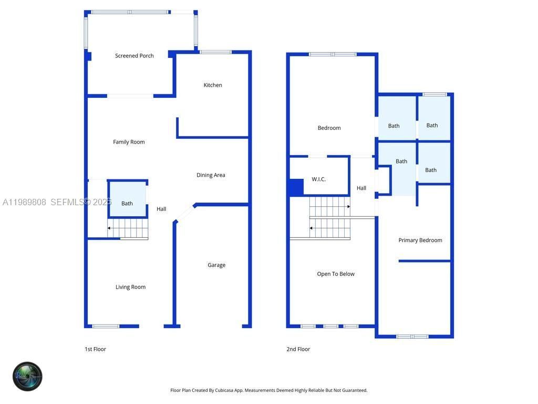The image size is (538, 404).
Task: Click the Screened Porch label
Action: click(x=134, y=56)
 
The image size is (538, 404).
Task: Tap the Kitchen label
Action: click(x=213, y=85)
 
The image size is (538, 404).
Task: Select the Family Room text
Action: click(x=129, y=142)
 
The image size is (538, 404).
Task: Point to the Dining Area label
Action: click(x=211, y=175)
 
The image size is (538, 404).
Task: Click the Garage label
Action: click(x=216, y=265)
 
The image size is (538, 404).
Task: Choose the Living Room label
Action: click(x=130, y=287)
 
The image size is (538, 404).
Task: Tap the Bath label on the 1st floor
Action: click(x=127, y=204)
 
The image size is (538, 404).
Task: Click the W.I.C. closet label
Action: click(x=318, y=179)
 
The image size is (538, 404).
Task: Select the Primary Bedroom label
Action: click(x=420, y=240)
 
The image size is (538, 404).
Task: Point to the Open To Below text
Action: click(x=336, y=274)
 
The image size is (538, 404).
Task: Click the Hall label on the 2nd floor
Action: click(x=361, y=188)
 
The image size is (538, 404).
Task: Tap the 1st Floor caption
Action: click(x=95, y=349)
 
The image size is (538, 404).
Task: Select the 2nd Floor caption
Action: click(x=298, y=349)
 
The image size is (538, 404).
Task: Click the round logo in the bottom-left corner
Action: click(x=27, y=377)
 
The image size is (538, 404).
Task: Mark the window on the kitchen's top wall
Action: click(x=215, y=52)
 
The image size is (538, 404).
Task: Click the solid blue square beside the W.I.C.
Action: click(x=296, y=187)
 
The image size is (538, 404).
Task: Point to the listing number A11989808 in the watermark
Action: click(x=25, y=202)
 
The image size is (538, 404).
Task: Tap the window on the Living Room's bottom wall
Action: click(x=106, y=326)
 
